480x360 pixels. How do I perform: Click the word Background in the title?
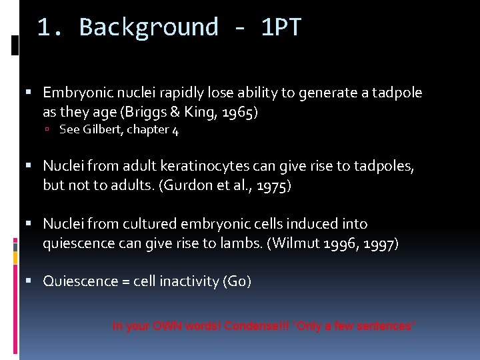point(149,27)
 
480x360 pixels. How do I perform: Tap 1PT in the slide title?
point(281,27)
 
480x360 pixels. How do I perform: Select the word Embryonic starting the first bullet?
point(74,93)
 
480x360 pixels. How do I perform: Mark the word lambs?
point(243,243)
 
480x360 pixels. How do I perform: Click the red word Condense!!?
point(257,326)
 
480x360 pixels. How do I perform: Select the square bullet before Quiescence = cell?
point(33,281)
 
